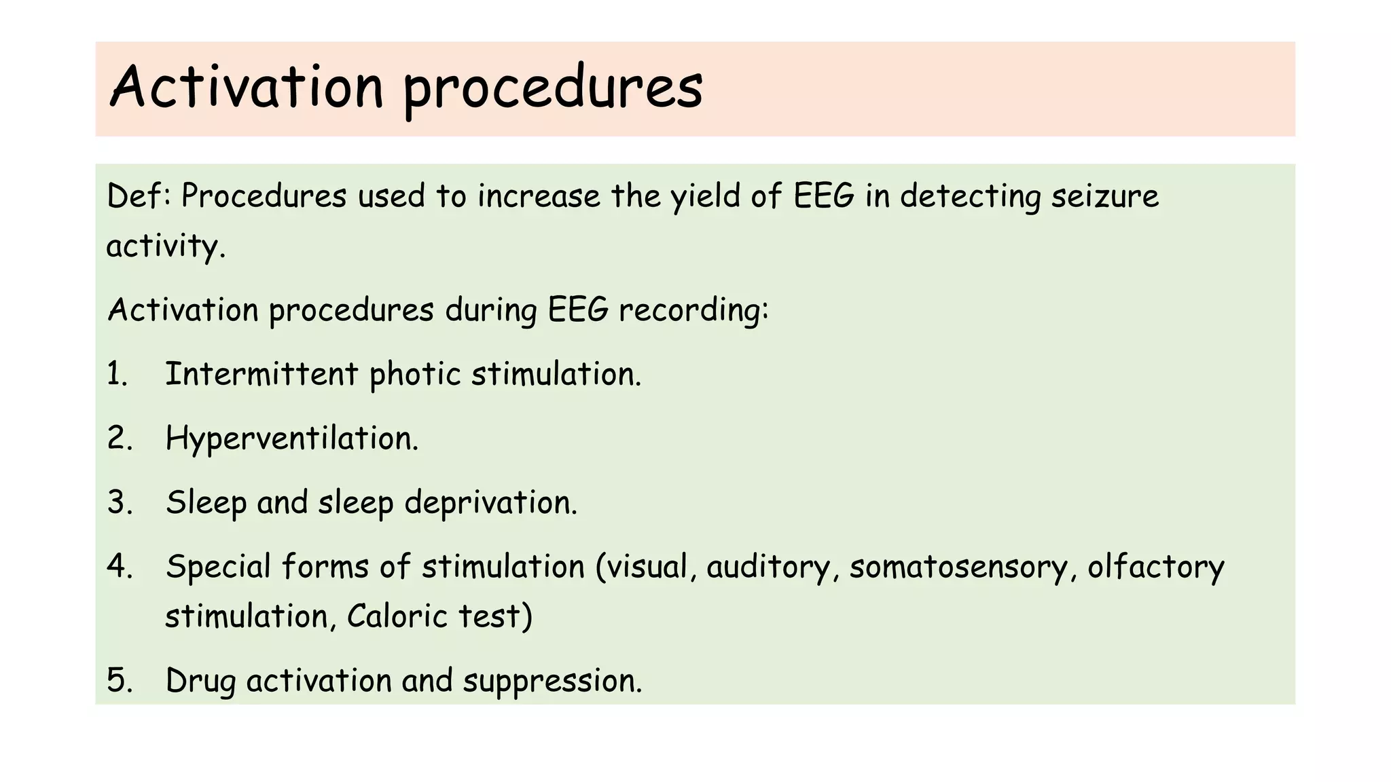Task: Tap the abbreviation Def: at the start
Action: coord(141,196)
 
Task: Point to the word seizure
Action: coord(1105,196)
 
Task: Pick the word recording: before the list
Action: coord(693,310)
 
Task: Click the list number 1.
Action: coord(117,374)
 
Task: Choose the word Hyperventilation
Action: coord(292,439)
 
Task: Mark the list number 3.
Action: coord(120,502)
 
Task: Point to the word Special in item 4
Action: coord(218,567)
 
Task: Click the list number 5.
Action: coord(120,681)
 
